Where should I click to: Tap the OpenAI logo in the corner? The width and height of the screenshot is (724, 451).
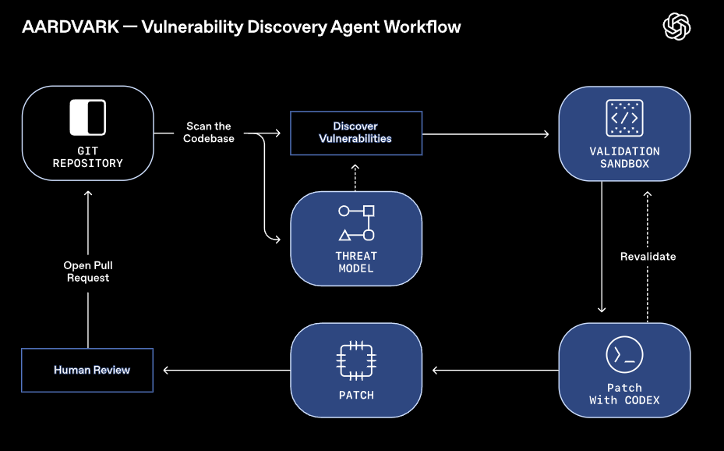[676, 27]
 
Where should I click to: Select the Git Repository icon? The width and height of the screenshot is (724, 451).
[87, 118]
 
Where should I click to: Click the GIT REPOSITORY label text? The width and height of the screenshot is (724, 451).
[87, 158]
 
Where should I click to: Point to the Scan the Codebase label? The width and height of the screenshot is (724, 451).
[209, 133]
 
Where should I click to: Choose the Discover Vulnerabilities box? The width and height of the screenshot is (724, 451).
[355, 133]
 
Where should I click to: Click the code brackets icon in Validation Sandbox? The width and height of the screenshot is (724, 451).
[623, 118]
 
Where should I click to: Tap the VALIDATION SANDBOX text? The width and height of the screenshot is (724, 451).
[624, 158]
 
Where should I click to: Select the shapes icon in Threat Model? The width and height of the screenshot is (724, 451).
[355, 223]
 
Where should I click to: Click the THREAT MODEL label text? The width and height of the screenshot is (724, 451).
[355, 262]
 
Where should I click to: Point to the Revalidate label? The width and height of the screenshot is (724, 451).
[648, 257]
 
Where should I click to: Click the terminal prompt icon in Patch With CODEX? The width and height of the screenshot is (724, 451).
[624, 355]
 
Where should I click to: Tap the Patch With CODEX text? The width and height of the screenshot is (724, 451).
[624, 394]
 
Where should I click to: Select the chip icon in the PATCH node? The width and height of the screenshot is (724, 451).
[356, 359]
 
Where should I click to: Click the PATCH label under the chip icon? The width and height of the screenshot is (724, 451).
[356, 396]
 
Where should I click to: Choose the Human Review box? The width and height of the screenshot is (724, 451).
[87, 370]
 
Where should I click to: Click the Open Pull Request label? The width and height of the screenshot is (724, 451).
[88, 272]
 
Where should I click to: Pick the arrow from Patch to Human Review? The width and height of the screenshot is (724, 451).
[221, 370]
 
